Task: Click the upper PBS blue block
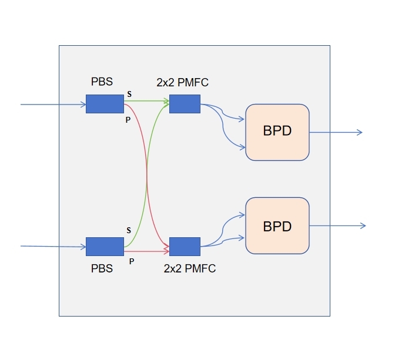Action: point(105,104)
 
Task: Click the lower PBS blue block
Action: point(105,246)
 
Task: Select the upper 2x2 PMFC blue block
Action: point(185,104)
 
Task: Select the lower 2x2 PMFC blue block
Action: point(185,246)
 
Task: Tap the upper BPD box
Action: point(277,132)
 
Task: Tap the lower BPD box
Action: point(277,226)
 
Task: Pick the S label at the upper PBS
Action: point(129,94)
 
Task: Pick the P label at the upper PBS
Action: point(128,119)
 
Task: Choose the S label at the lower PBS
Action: point(129,230)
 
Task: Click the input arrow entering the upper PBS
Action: point(53,105)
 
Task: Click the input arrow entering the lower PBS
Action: point(53,247)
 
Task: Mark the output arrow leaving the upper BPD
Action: point(335,132)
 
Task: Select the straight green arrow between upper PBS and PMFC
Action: point(147,101)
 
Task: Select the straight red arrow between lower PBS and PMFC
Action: point(147,251)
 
